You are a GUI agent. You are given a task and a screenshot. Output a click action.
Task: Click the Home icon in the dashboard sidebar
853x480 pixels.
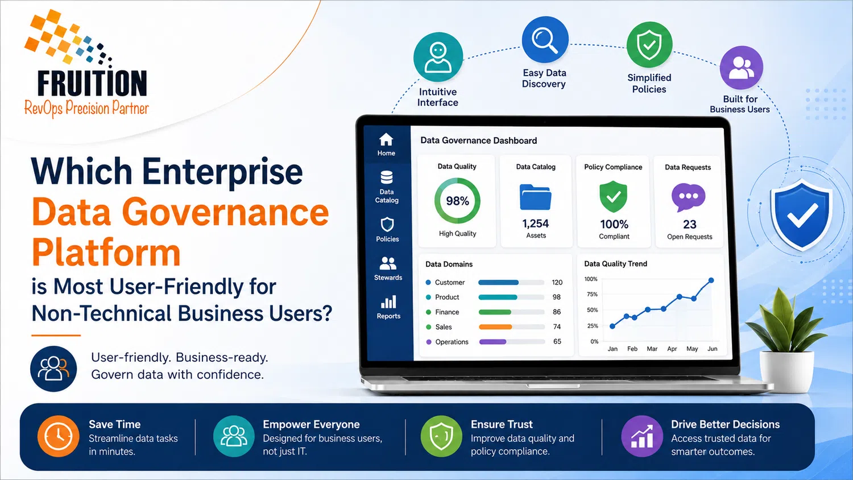(386, 139)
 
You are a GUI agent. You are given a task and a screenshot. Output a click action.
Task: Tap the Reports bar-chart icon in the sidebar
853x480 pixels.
(388, 302)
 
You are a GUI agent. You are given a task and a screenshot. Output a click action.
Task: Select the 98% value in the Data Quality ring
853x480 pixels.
(457, 201)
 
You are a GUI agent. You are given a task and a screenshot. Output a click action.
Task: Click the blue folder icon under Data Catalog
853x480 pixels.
(536, 197)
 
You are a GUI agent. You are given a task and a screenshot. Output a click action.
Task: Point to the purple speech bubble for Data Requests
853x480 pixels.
(689, 197)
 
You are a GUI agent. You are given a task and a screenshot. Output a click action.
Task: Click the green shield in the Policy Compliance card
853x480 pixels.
(613, 197)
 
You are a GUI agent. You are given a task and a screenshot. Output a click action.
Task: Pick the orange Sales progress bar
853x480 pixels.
(495, 327)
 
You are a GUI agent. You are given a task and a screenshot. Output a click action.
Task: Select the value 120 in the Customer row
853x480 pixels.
(557, 282)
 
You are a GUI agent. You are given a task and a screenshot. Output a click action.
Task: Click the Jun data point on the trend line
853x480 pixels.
(711, 280)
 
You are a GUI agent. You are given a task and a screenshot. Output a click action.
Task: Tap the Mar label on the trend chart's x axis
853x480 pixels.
(652, 349)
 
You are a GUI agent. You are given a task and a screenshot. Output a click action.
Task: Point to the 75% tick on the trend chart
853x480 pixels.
(592, 294)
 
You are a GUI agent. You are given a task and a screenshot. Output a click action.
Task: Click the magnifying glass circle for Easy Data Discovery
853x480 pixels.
(545, 40)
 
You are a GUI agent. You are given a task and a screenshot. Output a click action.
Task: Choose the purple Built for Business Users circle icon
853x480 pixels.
(741, 68)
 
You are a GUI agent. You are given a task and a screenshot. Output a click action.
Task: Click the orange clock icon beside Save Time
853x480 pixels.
(58, 436)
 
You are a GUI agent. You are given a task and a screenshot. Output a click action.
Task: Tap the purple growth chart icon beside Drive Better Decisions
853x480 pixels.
(642, 436)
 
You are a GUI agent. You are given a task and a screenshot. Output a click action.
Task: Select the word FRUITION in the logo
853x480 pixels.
(92, 83)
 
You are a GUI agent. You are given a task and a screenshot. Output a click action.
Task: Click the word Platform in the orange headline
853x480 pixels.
(106, 253)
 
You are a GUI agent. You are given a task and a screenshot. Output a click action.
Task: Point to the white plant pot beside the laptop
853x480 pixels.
(786, 371)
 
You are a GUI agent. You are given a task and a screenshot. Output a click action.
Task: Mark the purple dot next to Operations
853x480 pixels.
(428, 342)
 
